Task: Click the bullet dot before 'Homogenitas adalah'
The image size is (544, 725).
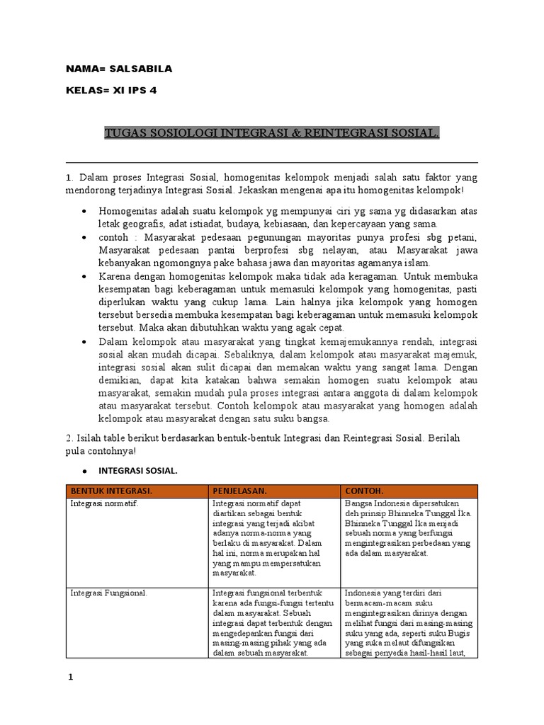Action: coord(85,212)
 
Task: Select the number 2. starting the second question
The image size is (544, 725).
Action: coord(69,438)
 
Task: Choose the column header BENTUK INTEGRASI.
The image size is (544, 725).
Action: coord(110,490)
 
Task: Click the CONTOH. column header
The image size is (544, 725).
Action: coord(365,490)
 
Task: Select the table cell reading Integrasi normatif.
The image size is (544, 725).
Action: coord(104,503)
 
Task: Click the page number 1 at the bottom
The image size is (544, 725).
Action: coord(70,678)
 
